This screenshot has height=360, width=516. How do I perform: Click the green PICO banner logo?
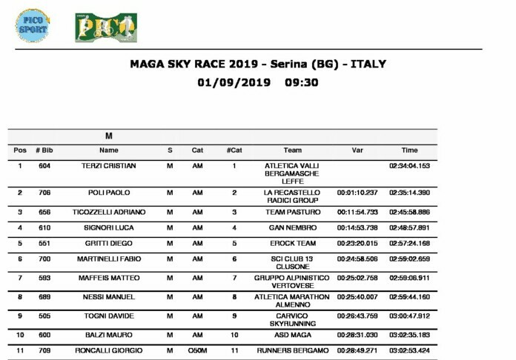101,27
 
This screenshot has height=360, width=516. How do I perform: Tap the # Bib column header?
44,150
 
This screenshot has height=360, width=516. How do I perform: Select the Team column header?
292,150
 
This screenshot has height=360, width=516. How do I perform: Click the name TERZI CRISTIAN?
109,166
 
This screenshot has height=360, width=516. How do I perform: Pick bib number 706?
44,193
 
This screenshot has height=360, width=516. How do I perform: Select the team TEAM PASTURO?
292,212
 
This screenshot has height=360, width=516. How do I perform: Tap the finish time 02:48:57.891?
409,227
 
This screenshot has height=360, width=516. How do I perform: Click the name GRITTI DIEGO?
109,243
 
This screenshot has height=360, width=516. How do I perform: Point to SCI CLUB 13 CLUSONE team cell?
292,263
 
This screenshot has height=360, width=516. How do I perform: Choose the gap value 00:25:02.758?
358,278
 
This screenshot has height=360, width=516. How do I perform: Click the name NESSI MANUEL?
109,297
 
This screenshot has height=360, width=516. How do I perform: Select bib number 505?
44,316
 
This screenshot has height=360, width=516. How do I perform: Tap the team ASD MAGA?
292,336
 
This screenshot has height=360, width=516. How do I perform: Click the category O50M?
197,350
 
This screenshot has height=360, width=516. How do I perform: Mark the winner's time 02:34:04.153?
409,166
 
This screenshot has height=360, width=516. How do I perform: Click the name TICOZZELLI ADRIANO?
109,212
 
